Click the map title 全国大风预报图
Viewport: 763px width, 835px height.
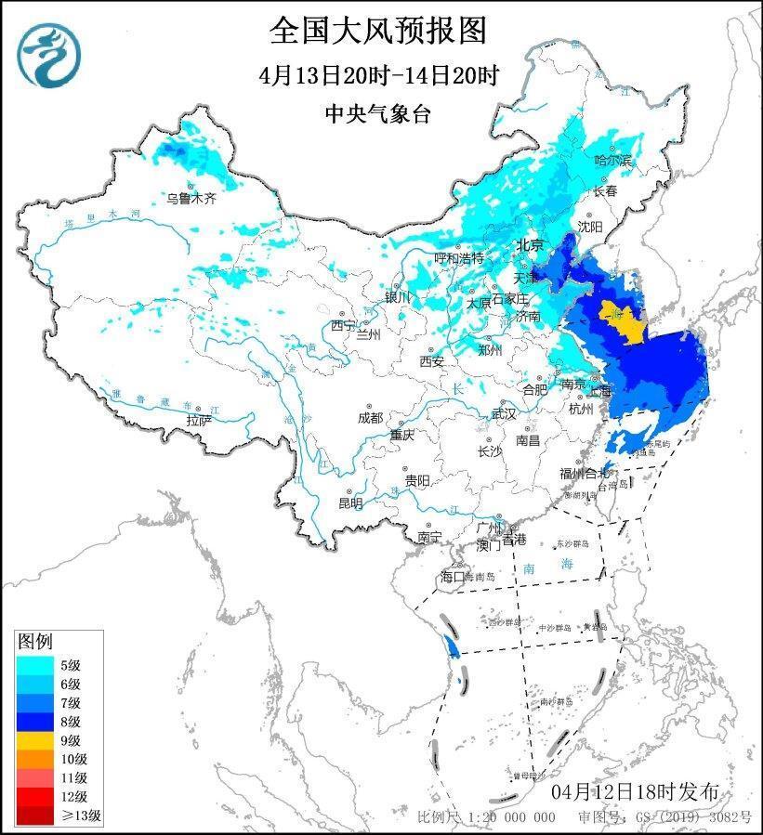coord(378,31)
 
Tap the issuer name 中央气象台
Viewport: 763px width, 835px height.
coord(378,113)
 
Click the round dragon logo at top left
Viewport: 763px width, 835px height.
coord(49,53)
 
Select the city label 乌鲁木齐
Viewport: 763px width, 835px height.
coord(191,198)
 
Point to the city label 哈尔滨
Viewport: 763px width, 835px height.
coord(612,161)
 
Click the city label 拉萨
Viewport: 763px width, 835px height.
coord(199,420)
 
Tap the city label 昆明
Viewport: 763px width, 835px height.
coord(350,502)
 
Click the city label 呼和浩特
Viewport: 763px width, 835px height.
coord(460,257)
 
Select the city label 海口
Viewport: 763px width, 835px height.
coord(451,577)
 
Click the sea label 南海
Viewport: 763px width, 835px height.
coord(536,567)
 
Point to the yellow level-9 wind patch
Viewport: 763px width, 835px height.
coord(620,321)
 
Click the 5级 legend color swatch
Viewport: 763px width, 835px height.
coord(35,664)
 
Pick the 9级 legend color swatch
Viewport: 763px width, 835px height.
coord(35,740)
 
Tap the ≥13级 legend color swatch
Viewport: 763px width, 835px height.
coord(35,816)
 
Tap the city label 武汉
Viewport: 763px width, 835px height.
coord(503,414)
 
